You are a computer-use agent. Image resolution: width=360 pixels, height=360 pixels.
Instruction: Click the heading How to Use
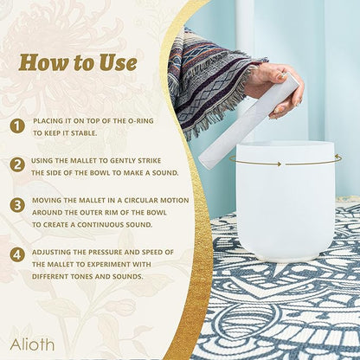click(78, 62)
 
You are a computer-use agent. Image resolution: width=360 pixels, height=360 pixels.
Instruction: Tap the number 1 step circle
click(17, 126)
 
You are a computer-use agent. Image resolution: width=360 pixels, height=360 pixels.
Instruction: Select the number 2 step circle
click(17, 164)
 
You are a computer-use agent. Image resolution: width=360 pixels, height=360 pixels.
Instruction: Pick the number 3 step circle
click(17, 205)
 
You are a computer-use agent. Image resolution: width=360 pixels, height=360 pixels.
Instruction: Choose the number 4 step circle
click(17, 254)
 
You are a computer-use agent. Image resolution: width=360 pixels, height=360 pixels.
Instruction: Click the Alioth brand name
click(32, 344)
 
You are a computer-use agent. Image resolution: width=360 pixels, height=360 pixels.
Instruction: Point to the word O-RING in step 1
click(140, 121)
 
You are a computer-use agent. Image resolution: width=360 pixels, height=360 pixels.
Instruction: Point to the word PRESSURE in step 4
click(106, 252)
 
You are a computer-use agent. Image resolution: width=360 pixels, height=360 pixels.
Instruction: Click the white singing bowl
click(286, 201)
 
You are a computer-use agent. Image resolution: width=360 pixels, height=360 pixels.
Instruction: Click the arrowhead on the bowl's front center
click(279, 164)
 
